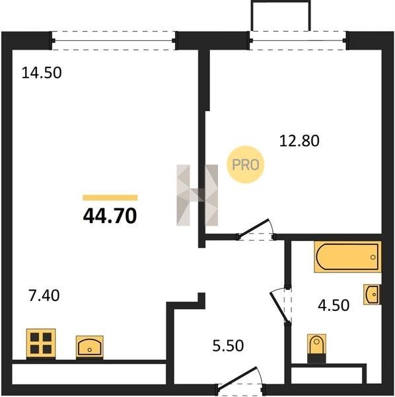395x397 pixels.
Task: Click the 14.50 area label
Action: pos(42,73)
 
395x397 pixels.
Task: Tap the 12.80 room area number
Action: pos(299,141)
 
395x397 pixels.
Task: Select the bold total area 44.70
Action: pos(110,216)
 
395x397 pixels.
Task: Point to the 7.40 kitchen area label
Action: pos(44,296)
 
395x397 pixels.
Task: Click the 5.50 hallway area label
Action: pos(228,346)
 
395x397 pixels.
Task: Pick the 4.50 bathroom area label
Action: pos(334,305)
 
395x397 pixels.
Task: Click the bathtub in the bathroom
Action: pos(347,257)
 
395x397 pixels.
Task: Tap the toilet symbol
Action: pos(316,349)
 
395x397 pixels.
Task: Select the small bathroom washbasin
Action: pos(372,294)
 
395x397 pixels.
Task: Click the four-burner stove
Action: pos(41,343)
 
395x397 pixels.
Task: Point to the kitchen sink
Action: pos(90,347)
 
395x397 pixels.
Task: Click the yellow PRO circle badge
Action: pos(246,165)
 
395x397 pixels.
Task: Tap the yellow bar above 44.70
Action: pos(110,197)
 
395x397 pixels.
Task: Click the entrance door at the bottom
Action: pos(239,379)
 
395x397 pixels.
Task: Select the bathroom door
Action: pos(281,306)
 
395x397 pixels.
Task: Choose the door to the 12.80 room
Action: pos(256,230)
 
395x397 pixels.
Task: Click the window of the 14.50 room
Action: pos(114,40)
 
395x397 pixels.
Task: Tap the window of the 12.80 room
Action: pos(298,40)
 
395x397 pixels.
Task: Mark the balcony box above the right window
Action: pos(281,16)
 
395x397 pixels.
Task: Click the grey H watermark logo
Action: pos(197,195)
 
